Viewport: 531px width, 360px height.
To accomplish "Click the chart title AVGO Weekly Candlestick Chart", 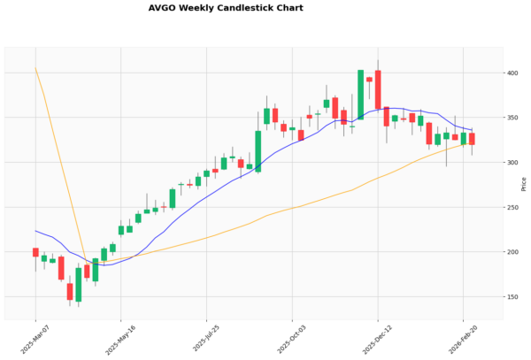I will click(x=226, y=8).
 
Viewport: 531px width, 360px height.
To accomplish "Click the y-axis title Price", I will click(x=524, y=184).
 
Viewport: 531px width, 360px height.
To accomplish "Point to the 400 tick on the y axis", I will click(x=512, y=73).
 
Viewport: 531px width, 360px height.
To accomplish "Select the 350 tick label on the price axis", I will click(x=512, y=118).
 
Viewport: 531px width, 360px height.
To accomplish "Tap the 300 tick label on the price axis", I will click(x=512, y=163).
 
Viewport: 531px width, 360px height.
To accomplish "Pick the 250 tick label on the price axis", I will click(x=512, y=207).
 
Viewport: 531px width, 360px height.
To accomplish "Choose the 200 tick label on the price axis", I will click(x=512, y=252).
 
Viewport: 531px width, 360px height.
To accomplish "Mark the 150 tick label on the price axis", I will click(x=512, y=297).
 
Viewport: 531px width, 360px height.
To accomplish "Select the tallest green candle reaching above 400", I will click(x=361, y=94).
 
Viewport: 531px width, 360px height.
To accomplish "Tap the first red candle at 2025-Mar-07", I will click(x=35, y=252).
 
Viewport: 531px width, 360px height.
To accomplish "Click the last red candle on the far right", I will click(x=472, y=139).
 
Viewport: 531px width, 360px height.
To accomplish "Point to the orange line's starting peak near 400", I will click(x=35, y=68).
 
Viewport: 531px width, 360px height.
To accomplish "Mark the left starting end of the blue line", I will click(x=35, y=231).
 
